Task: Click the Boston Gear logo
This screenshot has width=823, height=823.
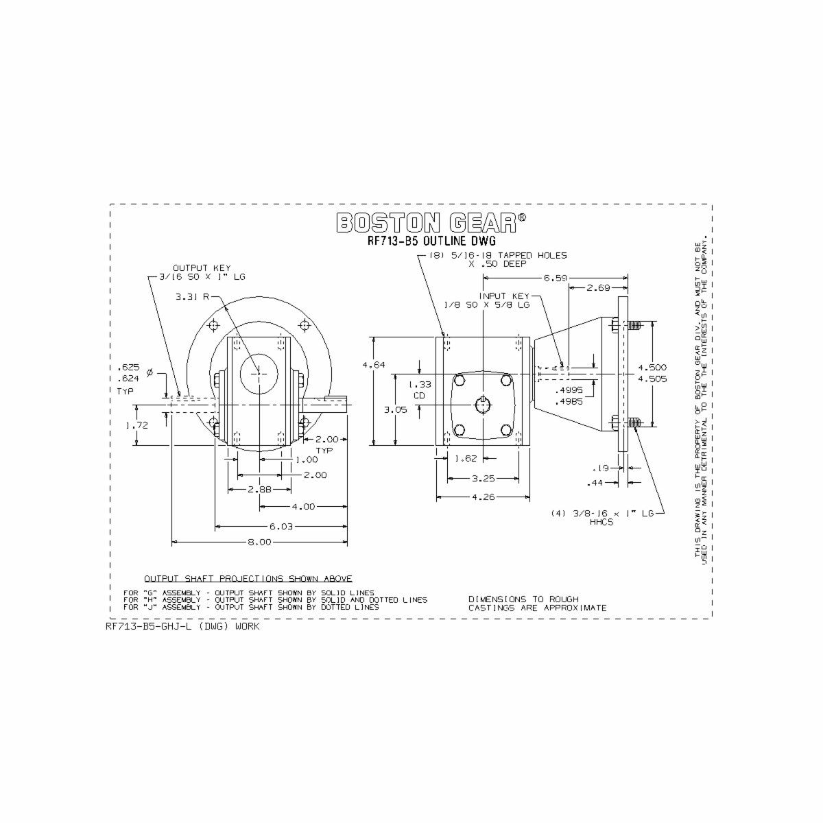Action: (431, 222)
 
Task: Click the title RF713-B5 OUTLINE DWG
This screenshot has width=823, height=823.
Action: (431, 241)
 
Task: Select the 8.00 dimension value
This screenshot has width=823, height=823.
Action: (259, 542)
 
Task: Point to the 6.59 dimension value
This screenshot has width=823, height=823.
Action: (556, 278)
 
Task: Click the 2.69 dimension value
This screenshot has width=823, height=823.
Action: (598, 287)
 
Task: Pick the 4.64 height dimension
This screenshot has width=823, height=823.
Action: (373, 365)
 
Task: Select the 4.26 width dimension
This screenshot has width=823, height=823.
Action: (484, 497)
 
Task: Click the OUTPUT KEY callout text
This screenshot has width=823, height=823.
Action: (201, 268)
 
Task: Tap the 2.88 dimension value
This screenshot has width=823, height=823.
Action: (260, 489)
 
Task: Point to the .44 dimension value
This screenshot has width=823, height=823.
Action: (595, 484)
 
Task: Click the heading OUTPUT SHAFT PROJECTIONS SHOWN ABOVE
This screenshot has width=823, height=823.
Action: (248, 578)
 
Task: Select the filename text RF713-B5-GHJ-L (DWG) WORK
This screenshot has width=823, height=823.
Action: (182, 626)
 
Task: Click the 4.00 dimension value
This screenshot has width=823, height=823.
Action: (302, 507)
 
